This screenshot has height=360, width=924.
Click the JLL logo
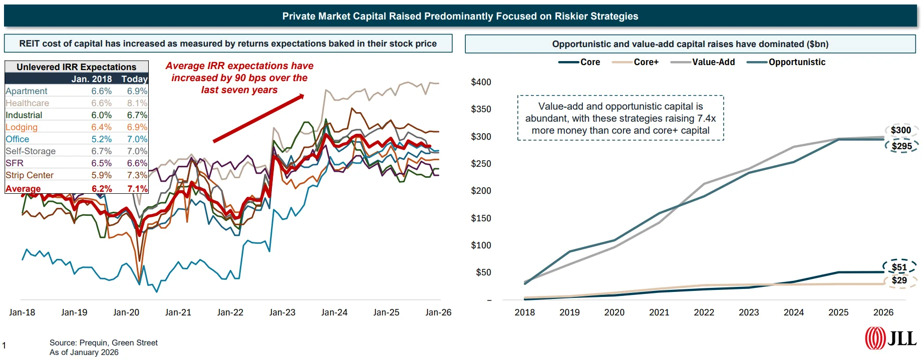point(891,338)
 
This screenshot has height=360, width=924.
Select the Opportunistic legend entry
point(796,62)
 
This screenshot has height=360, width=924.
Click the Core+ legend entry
point(646,62)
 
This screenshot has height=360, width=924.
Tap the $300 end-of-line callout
point(900,130)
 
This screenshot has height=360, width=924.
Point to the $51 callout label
point(899,267)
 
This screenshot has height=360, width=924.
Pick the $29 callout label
point(899,280)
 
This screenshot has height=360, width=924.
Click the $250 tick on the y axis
point(481,164)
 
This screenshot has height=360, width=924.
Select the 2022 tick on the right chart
point(704,312)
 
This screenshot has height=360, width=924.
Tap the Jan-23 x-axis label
point(282,312)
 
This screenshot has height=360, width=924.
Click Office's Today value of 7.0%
point(137,139)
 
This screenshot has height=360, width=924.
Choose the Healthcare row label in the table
point(28,103)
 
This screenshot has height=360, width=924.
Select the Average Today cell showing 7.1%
point(137,189)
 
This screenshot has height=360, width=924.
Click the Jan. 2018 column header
point(91,79)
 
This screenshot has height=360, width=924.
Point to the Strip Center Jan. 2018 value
point(101,175)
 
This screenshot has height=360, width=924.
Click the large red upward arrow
point(258,118)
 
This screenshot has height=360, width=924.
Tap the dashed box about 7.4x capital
point(620,118)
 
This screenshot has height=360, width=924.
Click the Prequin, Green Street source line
point(103,343)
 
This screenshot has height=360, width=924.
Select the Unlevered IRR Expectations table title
point(76,67)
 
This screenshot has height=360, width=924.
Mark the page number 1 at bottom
point(4,345)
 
